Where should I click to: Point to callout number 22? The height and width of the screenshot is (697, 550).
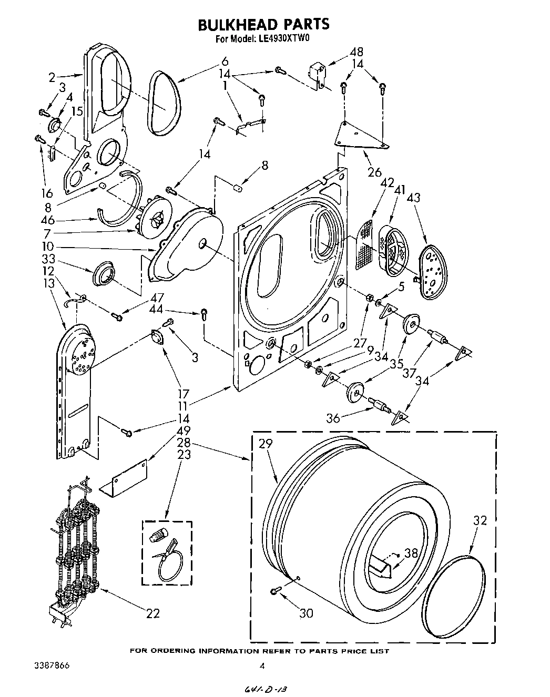click(152, 612)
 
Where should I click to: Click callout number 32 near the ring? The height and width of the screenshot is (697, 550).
click(480, 520)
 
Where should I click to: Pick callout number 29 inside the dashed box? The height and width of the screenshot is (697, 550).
click(266, 444)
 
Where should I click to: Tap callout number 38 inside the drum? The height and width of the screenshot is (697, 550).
click(411, 553)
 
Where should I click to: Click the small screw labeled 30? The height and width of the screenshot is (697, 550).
click(273, 592)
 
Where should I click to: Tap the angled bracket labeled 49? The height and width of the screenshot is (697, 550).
click(127, 478)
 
